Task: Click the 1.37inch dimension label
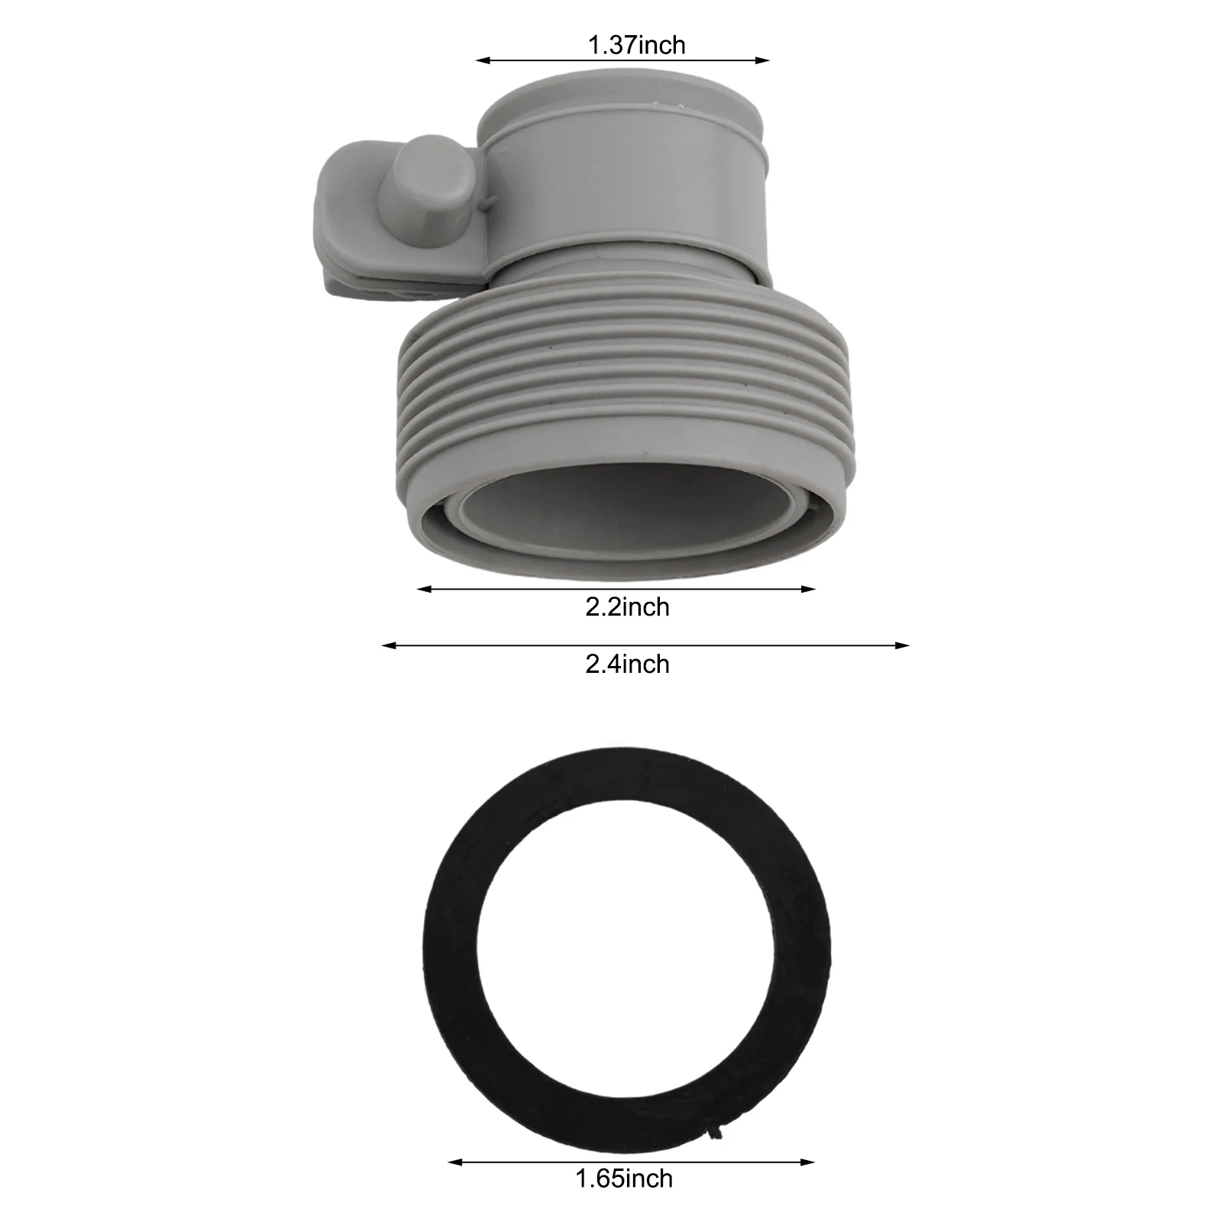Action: tap(636, 45)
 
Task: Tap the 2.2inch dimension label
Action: tap(627, 607)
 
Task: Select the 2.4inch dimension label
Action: tap(627, 664)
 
